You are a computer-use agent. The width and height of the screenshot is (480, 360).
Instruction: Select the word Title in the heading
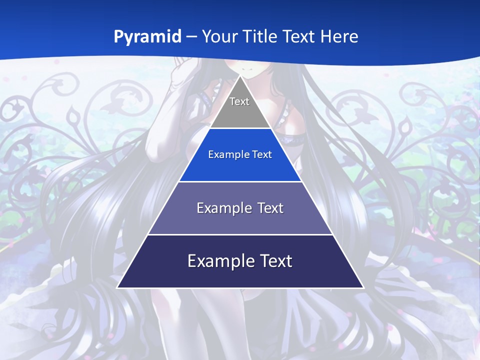(263, 36)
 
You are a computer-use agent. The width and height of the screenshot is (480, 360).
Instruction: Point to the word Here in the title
(339, 36)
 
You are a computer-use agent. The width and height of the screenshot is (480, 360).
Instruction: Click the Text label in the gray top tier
(239, 101)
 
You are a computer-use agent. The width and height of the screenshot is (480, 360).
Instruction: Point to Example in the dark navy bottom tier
(218, 261)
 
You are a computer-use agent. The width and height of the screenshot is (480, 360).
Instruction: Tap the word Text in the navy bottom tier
(276, 261)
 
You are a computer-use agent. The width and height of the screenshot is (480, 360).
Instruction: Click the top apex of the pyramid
(240, 76)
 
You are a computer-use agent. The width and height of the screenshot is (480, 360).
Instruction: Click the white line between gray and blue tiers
(240, 128)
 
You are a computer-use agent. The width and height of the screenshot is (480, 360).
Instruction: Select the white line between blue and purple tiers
(240, 181)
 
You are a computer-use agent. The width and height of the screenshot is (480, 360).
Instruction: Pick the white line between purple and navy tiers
(240, 234)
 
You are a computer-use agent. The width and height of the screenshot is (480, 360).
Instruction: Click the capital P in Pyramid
(118, 37)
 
